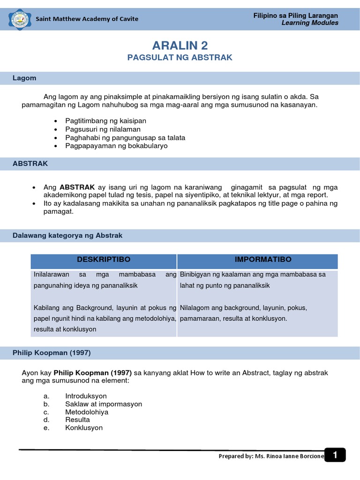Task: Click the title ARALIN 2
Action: click(180, 45)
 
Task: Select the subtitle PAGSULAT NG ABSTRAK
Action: click(180, 58)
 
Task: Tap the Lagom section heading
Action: click(24, 78)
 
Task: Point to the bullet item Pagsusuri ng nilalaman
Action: click(103, 129)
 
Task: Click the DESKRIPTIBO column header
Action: click(104, 260)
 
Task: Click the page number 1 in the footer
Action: click(335, 455)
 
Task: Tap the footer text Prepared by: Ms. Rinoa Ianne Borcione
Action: click(271, 457)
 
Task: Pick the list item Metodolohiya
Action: click(87, 412)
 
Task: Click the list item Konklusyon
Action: click(84, 428)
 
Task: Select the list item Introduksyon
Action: click(86, 396)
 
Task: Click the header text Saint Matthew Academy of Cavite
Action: click(87, 19)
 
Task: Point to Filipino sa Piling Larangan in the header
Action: click(296, 15)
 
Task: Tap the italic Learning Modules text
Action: click(309, 23)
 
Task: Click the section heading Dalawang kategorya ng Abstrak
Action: click(67, 236)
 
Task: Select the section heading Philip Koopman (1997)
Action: click(52, 353)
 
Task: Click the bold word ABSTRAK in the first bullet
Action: click(77, 187)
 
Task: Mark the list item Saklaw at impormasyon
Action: click(104, 404)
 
